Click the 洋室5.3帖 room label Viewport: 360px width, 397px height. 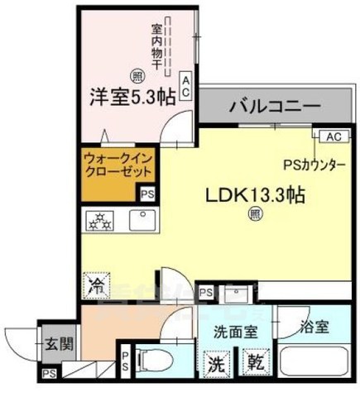point(132,96)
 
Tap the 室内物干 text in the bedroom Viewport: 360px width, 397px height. point(156,46)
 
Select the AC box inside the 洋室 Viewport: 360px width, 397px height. point(186,87)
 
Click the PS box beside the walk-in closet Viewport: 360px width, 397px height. point(147,194)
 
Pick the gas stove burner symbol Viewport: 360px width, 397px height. point(100,221)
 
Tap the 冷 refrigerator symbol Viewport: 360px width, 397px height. point(96,286)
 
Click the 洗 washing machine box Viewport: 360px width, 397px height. point(216,361)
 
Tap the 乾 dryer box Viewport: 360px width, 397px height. point(252,361)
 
